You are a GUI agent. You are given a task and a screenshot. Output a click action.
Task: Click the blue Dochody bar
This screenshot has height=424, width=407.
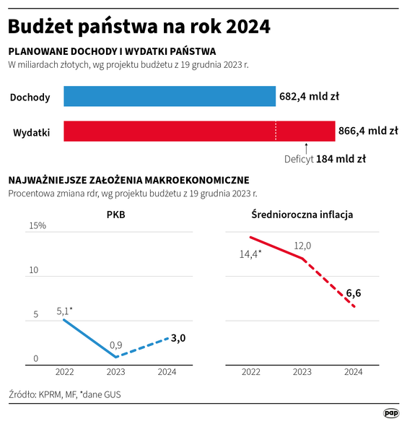point(170,97)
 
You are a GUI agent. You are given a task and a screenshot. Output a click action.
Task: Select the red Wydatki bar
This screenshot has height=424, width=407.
point(199,131)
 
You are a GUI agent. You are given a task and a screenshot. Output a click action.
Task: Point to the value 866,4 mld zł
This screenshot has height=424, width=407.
point(368,131)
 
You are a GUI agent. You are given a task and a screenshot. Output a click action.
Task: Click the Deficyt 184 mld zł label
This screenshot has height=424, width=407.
point(325,159)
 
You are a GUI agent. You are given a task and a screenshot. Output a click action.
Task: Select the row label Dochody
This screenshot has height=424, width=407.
point(30,98)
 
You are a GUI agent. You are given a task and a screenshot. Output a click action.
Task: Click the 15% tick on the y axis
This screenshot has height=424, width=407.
point(38,226)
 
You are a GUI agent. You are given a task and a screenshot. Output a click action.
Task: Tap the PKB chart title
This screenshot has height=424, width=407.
point(115,214)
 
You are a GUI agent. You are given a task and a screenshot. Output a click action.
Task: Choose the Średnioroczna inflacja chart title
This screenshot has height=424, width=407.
point(302,214)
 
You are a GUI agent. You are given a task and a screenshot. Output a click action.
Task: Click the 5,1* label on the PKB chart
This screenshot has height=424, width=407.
point(64,311)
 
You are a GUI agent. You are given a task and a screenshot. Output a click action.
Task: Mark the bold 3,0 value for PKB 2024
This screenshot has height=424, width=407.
point(178,338)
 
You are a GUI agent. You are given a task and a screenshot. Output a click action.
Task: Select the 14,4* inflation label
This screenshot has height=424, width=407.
point(250,254)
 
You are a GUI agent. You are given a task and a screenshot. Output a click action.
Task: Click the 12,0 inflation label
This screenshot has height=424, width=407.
point(302,246)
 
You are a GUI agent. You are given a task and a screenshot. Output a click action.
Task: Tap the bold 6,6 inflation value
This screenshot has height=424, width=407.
point(354,293)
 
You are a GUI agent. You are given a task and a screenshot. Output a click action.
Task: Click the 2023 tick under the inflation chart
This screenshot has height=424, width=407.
point(302,371)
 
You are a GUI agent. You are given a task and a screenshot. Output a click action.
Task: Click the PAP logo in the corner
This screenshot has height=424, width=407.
point(390,412)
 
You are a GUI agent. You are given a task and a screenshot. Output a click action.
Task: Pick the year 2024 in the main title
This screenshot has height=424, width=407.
point(248,27)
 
